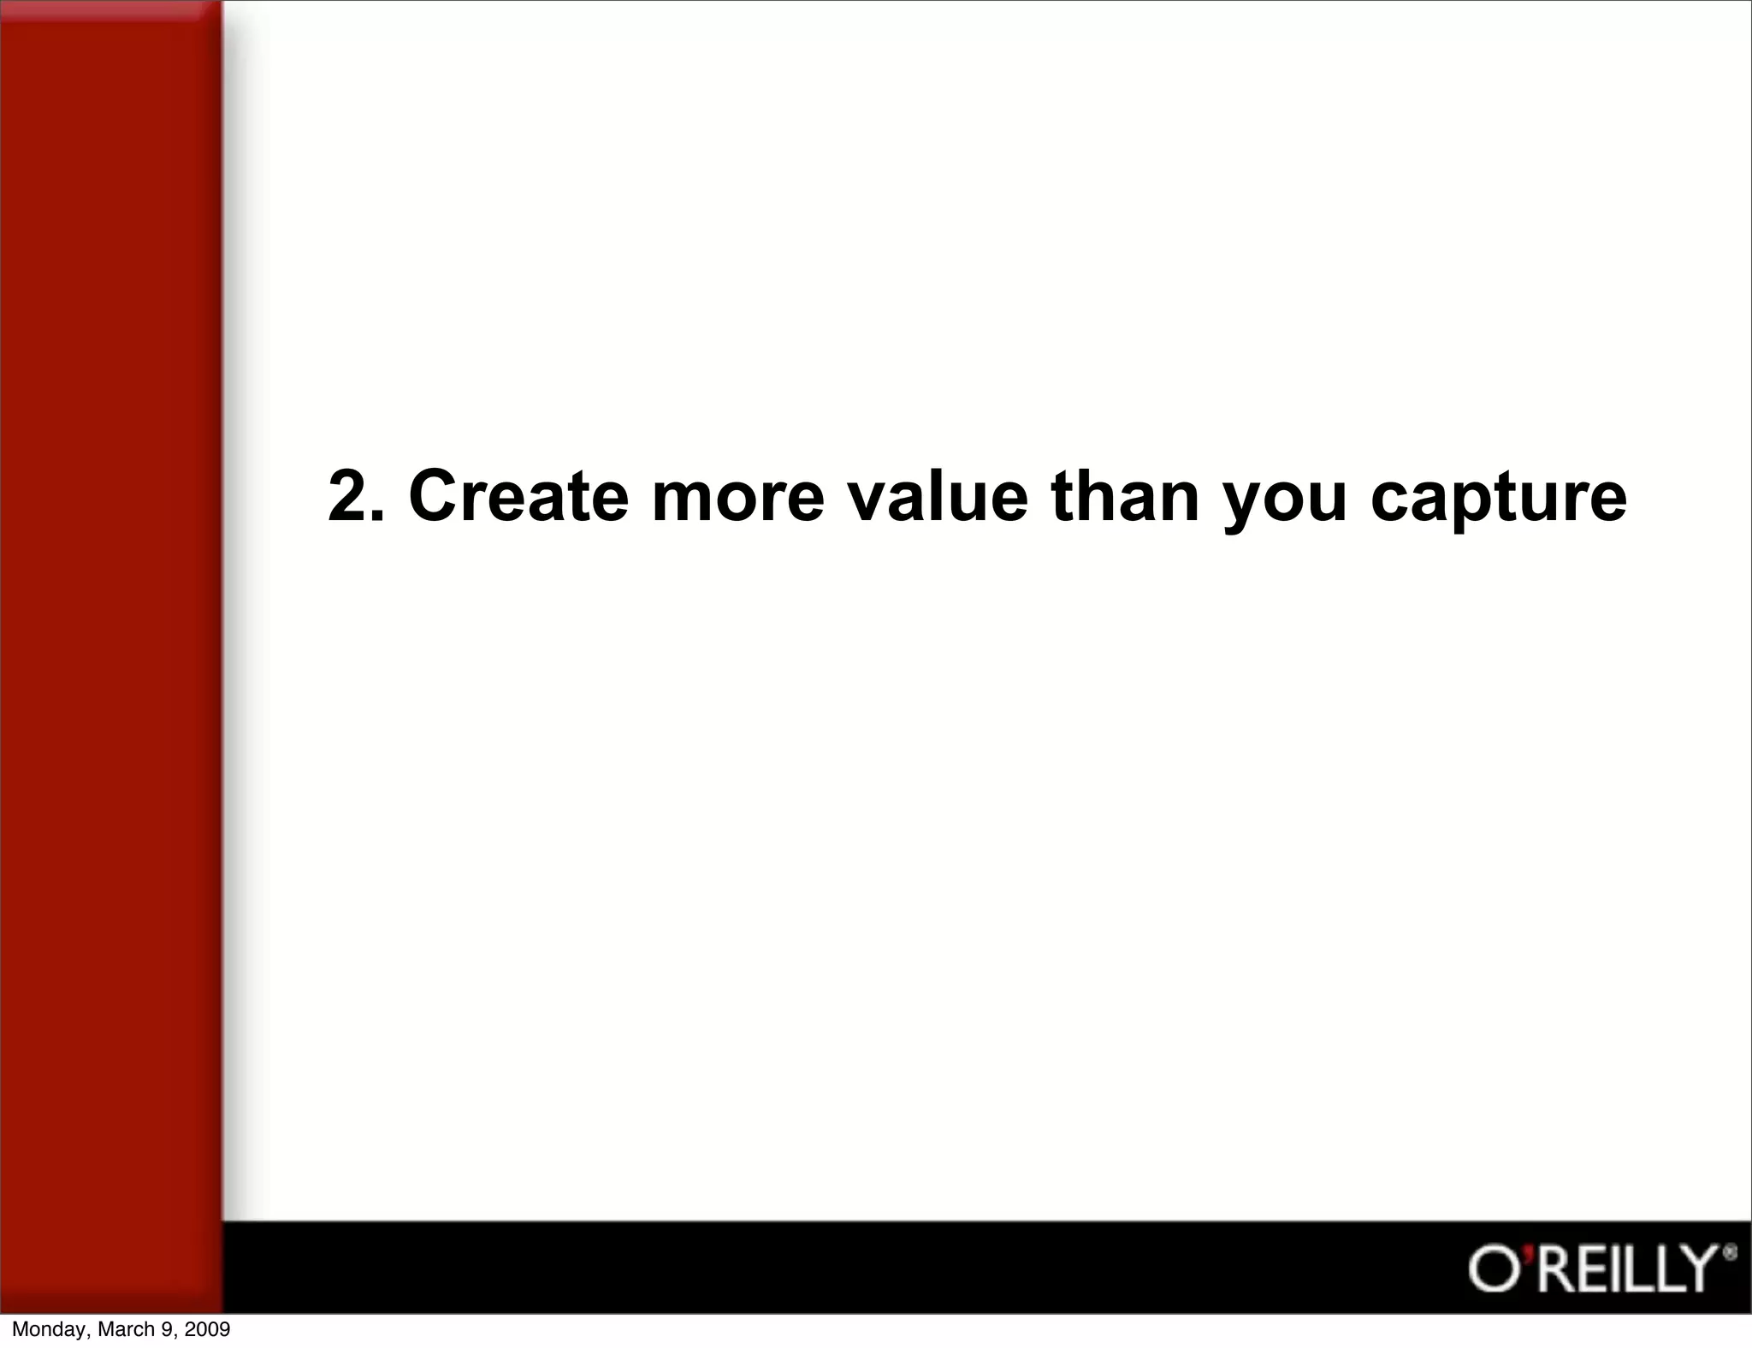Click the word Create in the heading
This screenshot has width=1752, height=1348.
point(518,497)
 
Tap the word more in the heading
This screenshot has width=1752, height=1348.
point(737,497)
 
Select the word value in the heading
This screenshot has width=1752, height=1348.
point(938,497)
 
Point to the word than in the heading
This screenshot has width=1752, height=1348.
point(1125,497)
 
